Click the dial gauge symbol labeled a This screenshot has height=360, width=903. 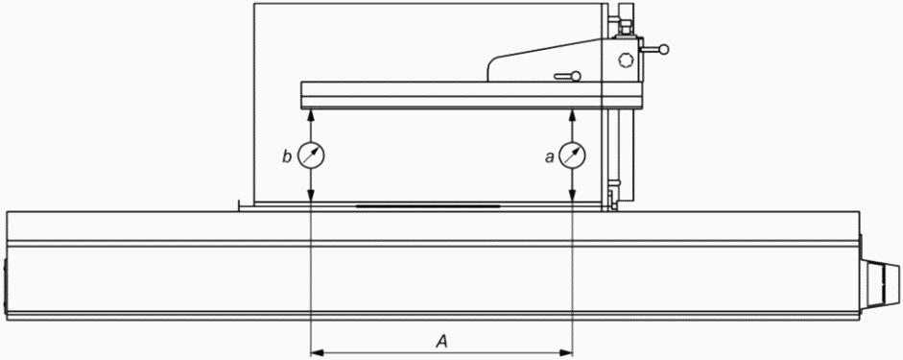point(572,156)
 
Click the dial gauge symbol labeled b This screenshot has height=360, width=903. point(310,156)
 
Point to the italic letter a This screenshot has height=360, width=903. point(549,157)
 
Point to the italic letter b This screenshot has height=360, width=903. point(287,156)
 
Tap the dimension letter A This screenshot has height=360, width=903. point(441,342)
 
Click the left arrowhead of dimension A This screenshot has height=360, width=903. point(316,352)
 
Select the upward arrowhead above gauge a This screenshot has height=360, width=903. point(572,114)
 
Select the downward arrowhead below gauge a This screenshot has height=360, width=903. point(572,196)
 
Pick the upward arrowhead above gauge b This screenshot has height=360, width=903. point(310,114)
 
